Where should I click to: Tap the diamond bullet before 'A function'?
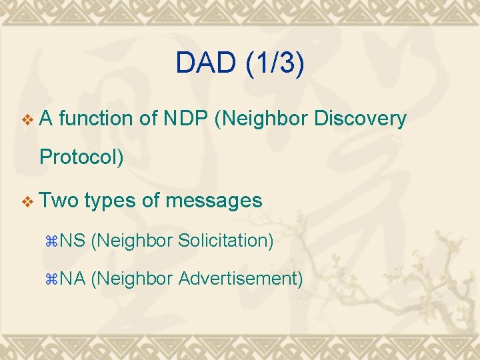27,119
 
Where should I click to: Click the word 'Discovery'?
360,119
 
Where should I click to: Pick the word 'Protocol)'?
82,158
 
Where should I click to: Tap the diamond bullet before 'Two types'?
27,201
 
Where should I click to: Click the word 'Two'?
59,200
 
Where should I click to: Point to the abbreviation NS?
73,240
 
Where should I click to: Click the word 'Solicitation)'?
226,240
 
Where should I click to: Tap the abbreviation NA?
73,279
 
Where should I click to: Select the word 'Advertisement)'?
241,279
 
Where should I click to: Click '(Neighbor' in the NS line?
131,240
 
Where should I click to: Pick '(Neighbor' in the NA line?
131,279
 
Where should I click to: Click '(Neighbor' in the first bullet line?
261,119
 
